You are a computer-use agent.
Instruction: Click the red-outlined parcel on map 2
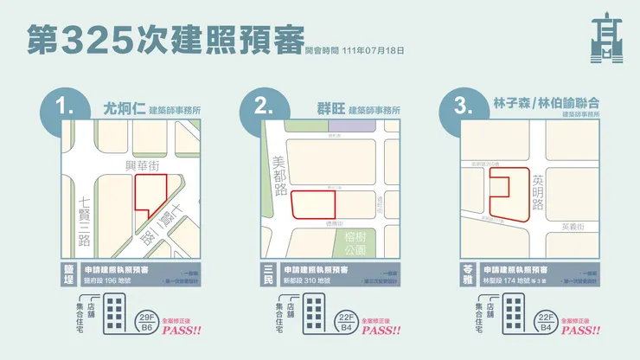point(313,205)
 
